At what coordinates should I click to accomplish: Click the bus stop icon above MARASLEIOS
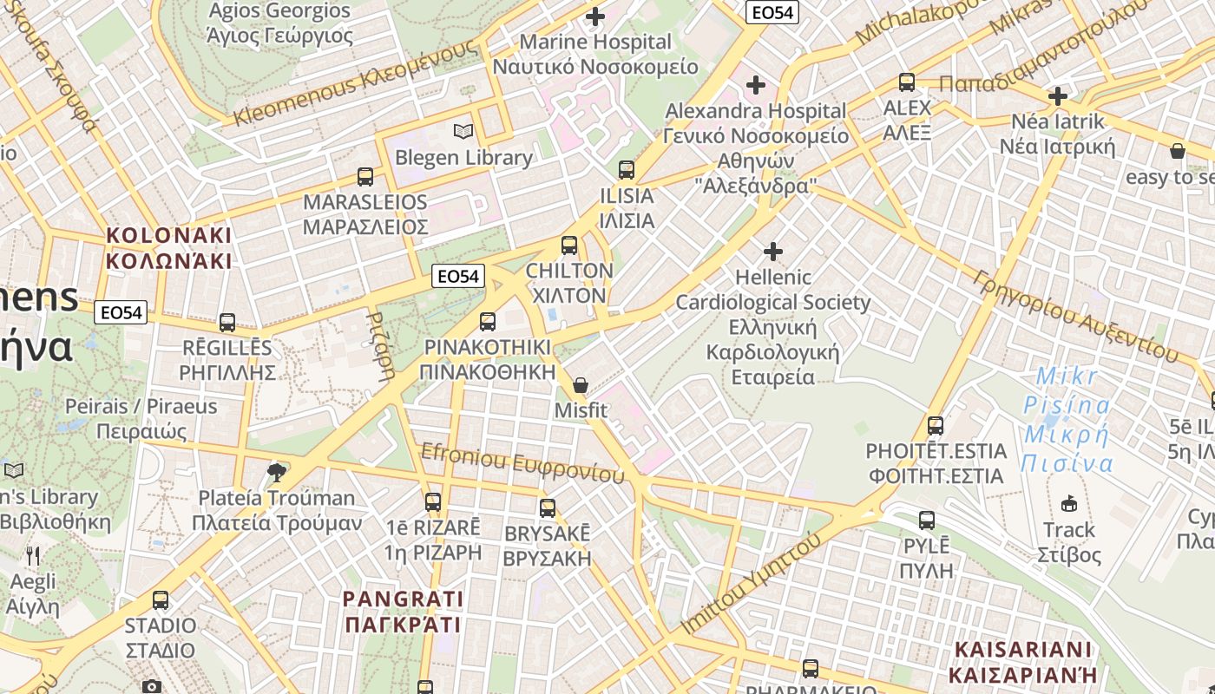pyautogui.click(x=365, y=177)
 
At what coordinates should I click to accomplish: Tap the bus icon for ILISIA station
pyautogui.click(x=627, y=170)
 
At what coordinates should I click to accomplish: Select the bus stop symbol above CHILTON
pyautogui.click(x=569, y=246)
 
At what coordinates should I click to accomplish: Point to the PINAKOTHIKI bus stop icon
pyautogui.click(x=488, y=322)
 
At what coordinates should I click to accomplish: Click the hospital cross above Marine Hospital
pyautogui.click(x=595, y=16)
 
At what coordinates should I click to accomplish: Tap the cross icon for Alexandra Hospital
pyautogui.click(x=756, y=85)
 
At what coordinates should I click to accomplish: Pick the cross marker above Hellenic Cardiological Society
pyautogui.click(x=772, y=252)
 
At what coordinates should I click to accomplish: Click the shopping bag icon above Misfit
pyautogui.click(x=581, y=385)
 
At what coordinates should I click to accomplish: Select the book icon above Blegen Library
pyautogui.click(x=463, y=132)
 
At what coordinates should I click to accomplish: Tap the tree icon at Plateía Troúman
pyautogui.click(x=277, y=472)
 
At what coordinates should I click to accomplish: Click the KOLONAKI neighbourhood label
pyautogui.click(x=169, y=248)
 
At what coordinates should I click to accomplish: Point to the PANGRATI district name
pyautogui.click(x=403, y=612)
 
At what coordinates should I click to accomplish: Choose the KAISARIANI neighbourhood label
pyautogui.click(x=1022, y=662)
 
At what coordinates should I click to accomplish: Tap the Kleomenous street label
pyautogui.click(x=356, y=85)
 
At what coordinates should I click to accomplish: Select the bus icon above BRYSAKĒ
pyautogui.click(x=548, y=508)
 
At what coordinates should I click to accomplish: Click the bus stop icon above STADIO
pyautogui.click(x=161, y=600)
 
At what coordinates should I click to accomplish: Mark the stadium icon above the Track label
pyautogui.click(x=1069, y=504)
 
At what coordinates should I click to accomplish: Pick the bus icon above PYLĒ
pyautogui.click(x=927, y=520)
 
